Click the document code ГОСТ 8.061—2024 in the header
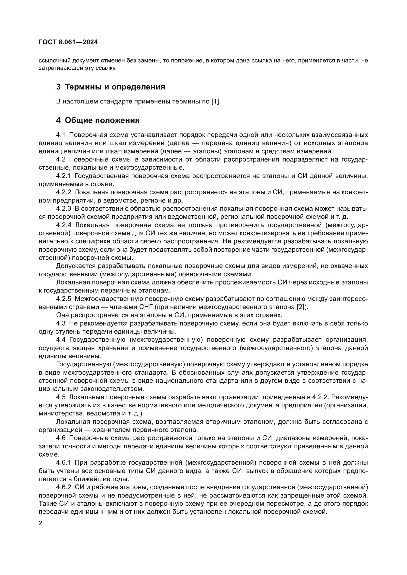point(68,42)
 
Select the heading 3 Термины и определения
point(110,87)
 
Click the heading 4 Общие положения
point(98,120)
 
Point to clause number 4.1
point(61,135)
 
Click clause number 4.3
point(61,323)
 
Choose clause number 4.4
point(61,340)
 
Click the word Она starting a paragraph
point(62,315)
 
